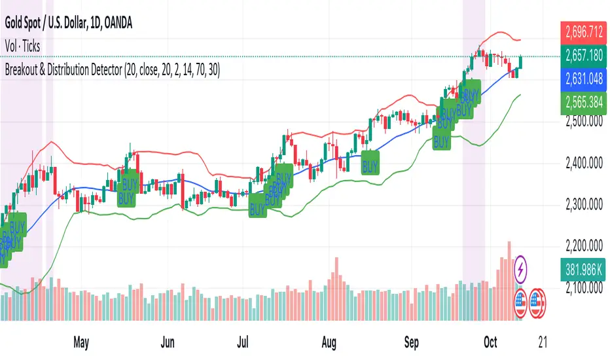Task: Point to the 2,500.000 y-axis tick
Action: [584, 122]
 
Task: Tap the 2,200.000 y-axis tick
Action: [584, 246]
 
